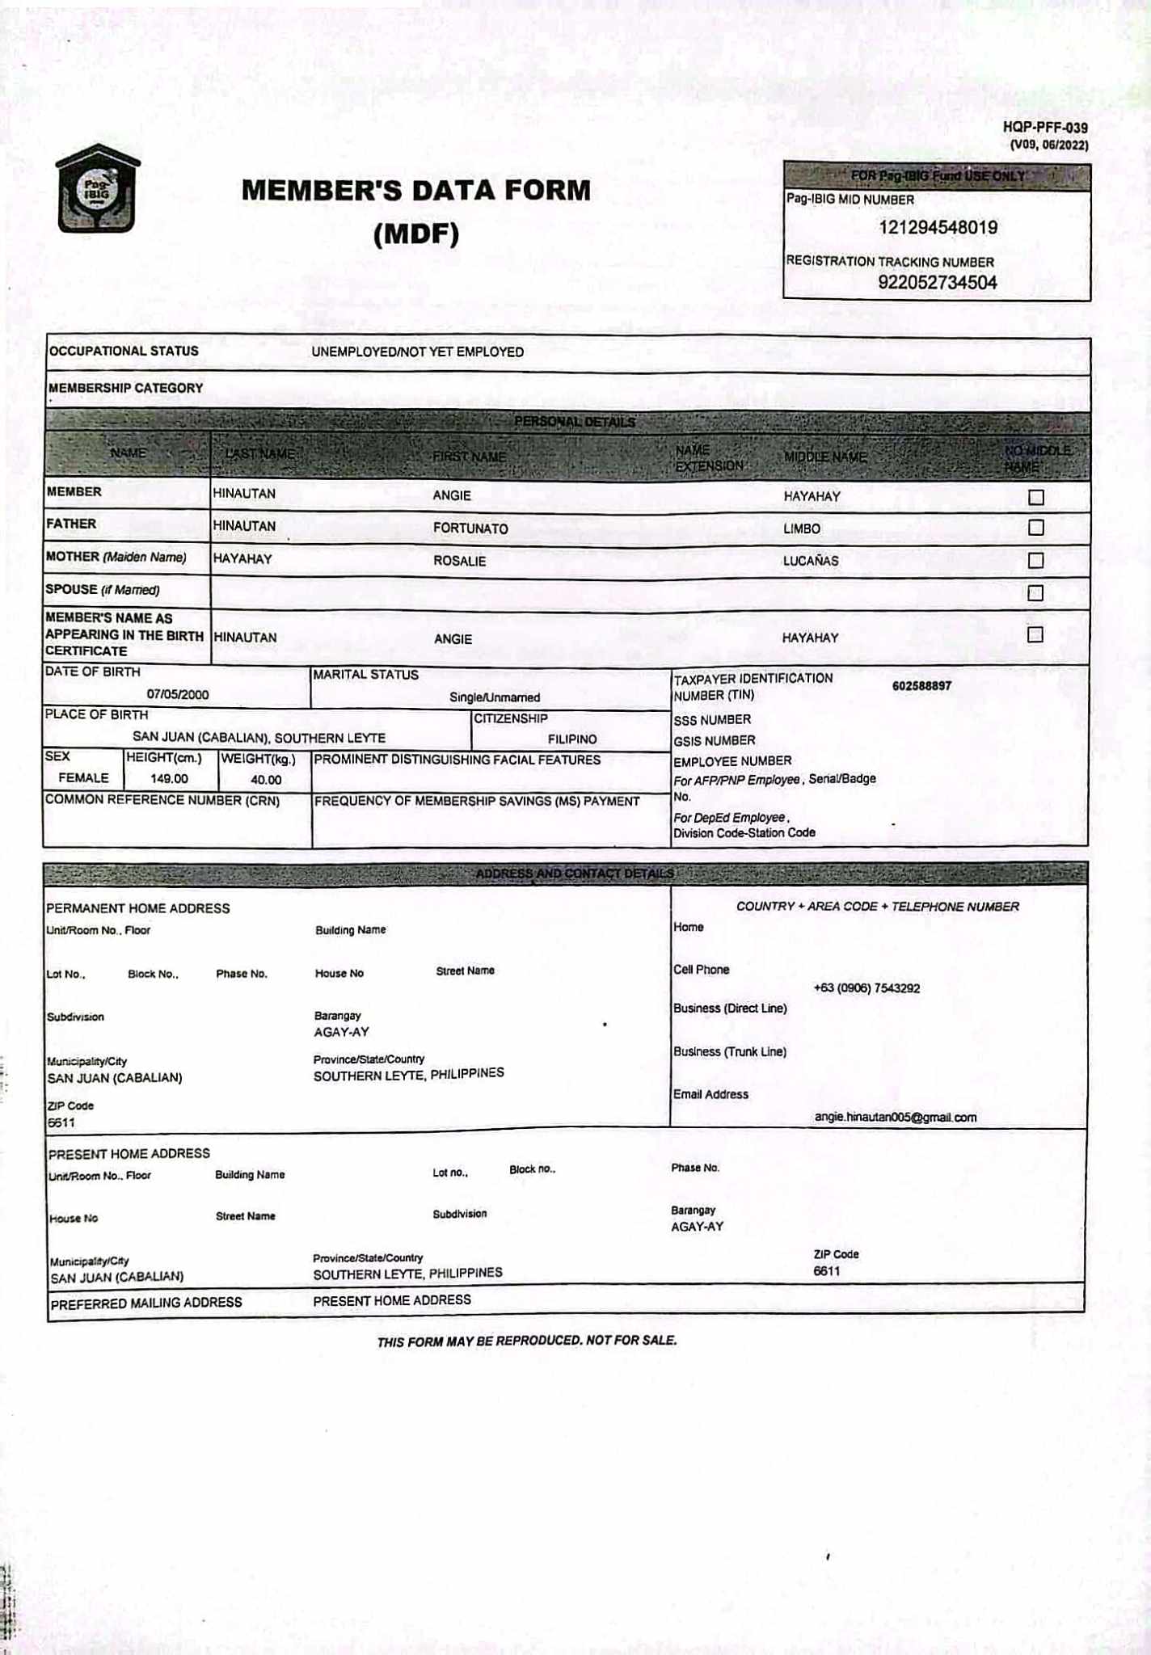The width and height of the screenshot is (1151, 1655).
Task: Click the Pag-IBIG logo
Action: tap(97, 189)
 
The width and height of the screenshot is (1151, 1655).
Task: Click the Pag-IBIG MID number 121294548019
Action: tap(938, 228)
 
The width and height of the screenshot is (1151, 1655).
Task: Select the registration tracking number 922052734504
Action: tap(937, 283)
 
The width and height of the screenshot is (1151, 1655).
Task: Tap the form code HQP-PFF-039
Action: tap(1044, 128)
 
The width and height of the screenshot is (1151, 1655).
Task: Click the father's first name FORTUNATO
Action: tap(470, 529)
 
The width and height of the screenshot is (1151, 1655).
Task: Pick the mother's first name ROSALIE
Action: tap(459, 561)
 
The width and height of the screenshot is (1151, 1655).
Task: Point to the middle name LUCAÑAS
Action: tap(811, 561)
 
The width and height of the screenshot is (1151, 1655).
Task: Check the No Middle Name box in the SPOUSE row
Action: tap(1035, 593)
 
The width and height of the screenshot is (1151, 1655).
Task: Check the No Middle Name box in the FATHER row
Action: tap(1035, 528)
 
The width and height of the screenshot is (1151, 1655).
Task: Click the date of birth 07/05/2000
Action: tap(178, 694)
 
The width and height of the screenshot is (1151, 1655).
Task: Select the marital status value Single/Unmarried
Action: tap(495, 697)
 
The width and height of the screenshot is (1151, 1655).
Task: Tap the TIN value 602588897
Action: tap(921, 686)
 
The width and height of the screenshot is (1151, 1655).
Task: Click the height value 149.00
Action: tap(169, 779)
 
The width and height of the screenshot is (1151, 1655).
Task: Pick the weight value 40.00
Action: tap(266, 780)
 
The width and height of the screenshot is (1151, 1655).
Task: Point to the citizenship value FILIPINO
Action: tap(572, 739)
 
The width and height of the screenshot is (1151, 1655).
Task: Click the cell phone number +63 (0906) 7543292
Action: tap(866, 988)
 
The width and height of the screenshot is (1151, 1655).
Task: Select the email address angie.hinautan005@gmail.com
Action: tap(896, 1118)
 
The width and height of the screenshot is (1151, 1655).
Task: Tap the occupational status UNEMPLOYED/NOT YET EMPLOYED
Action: tap(417, 352)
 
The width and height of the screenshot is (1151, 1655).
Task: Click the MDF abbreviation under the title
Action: tap(416, 234)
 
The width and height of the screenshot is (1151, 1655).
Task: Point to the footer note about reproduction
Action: tap(526, 1341)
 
